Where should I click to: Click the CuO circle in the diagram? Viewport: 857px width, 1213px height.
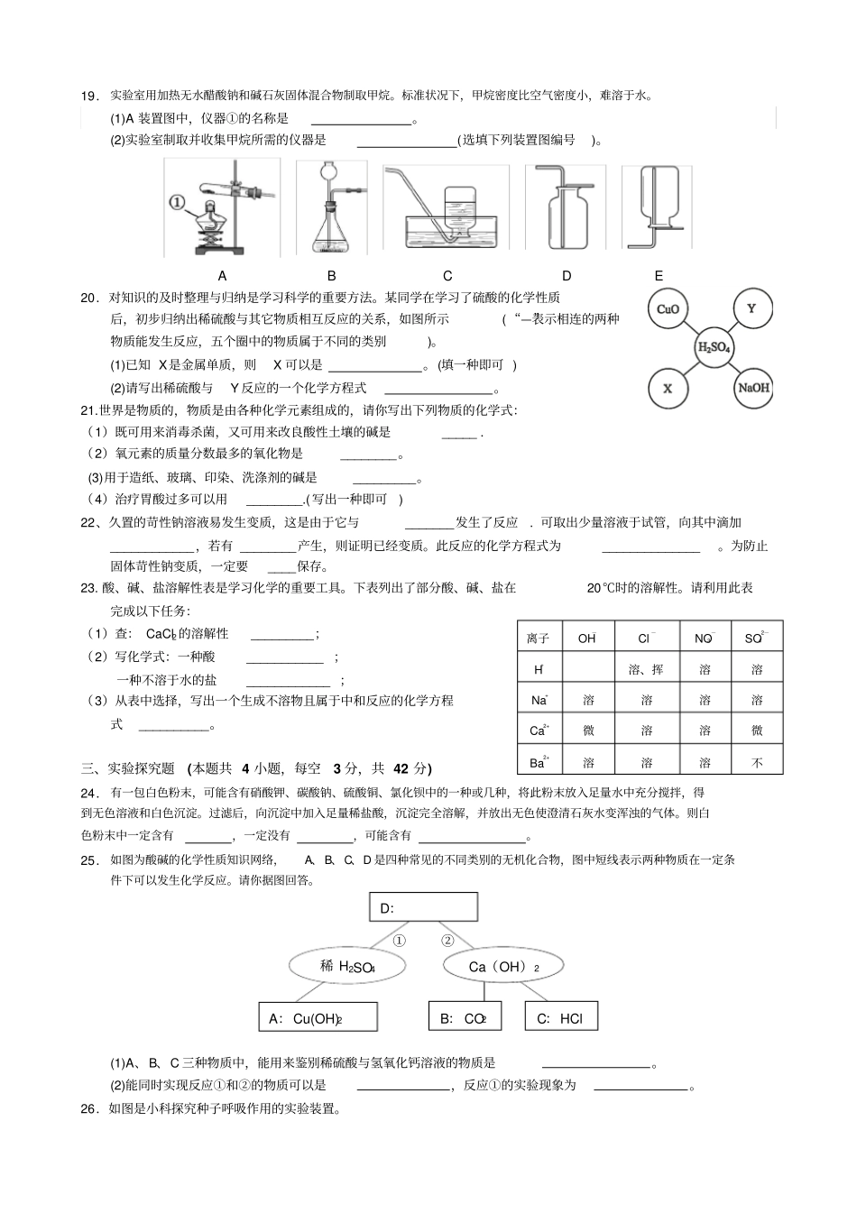click(x=668, y=309)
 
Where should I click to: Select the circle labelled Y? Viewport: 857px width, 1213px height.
click(x=751, y=309)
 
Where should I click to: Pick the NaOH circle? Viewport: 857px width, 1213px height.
click(x=753, y=388)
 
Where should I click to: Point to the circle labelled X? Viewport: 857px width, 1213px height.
click(x=668, y=388)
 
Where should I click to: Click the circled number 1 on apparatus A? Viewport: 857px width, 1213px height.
click(x=178, y=203)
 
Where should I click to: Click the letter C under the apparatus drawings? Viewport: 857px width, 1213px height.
click(x=447, y=276)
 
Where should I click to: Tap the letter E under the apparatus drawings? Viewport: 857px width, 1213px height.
click(x=659, y=276)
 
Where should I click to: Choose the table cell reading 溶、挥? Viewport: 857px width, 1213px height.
click(x=646, y=669)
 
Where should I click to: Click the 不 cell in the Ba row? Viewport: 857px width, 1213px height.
click(x=757, y=762)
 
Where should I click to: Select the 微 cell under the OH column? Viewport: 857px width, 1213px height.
click(x=588, y=731)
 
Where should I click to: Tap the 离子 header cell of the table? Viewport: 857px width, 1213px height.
click(x=539, y=639)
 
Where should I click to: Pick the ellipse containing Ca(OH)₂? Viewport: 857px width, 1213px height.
click(x=503, y=967)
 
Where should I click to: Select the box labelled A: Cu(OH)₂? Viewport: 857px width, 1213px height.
click(x=318, y=1018)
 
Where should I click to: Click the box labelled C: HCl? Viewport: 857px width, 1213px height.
click(x=560, y=1018)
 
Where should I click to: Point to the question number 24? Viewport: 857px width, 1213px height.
click(x=89, y=793)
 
